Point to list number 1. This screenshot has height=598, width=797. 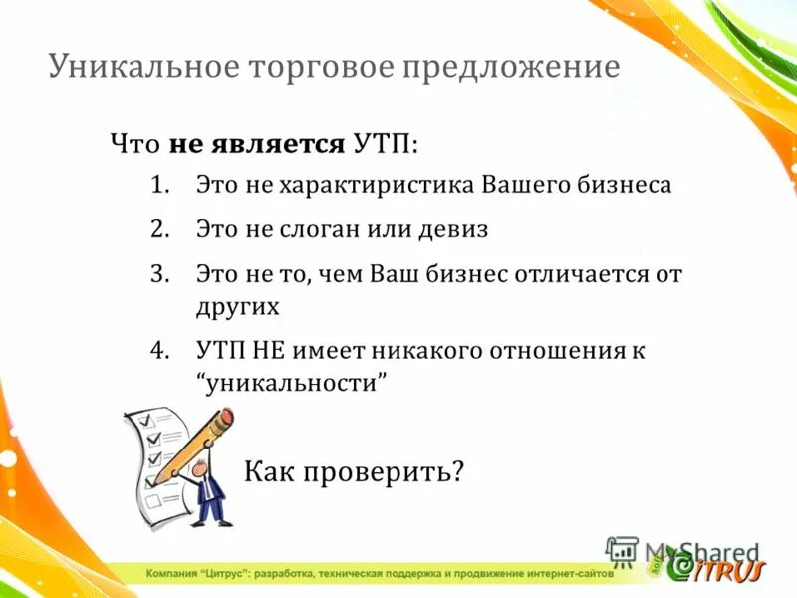tap(162, 186)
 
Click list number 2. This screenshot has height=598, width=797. tap(162, 229)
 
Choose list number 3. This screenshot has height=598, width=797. tap(162, 273)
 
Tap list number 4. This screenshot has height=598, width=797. tap(162, 351)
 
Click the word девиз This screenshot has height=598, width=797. tap(451, 229)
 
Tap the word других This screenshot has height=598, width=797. tap(237, 306)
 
